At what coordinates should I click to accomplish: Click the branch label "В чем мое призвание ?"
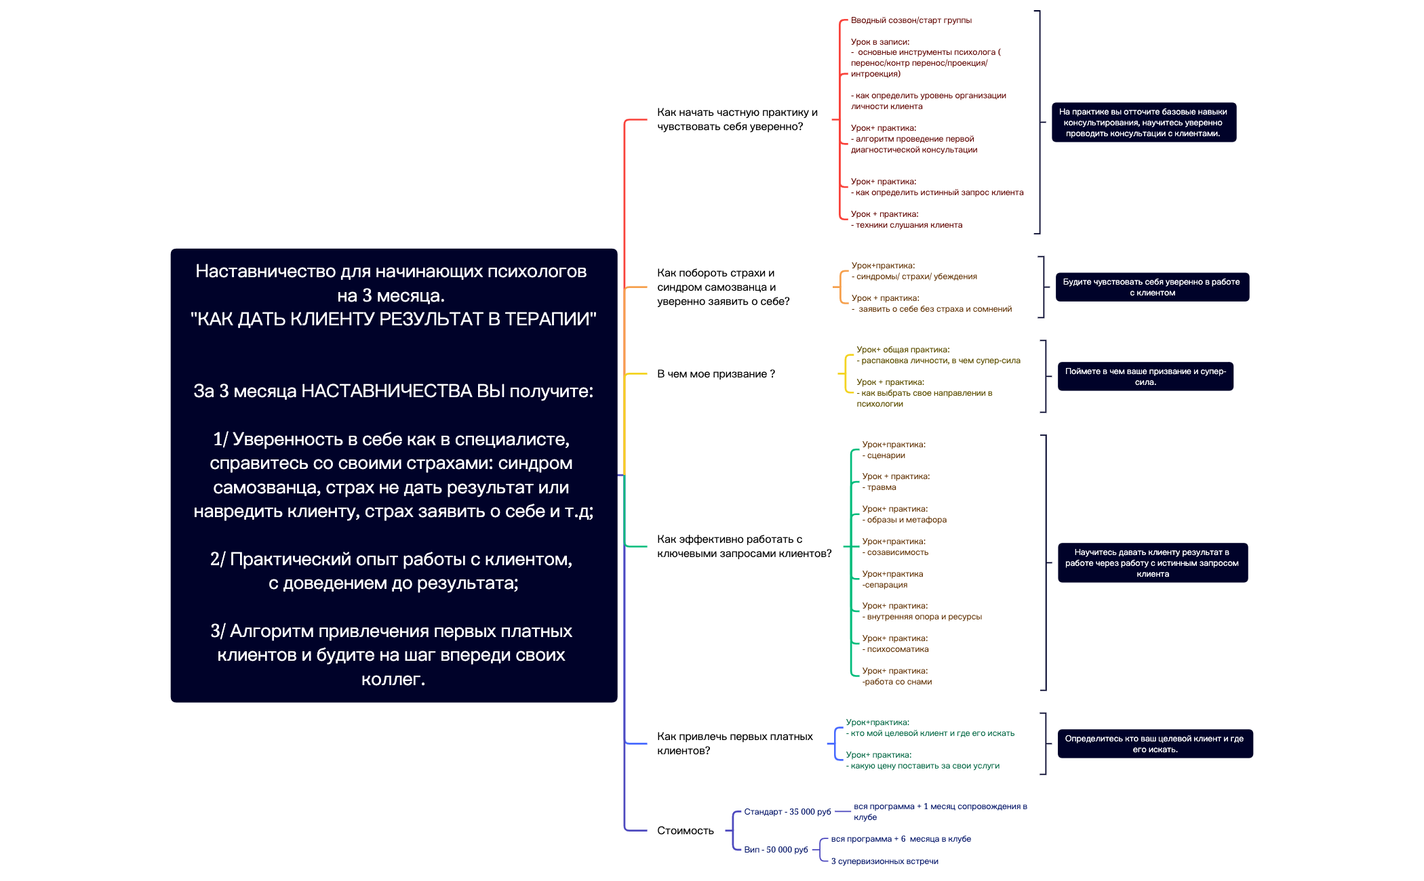(715, 374)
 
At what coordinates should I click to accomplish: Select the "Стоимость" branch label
(685, 831)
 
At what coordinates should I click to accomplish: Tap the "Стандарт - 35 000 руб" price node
(787, 812)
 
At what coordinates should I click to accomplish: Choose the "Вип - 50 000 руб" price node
(776, 850)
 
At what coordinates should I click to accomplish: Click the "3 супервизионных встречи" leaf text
(884, 861)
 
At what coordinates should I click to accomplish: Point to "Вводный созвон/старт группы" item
(911, 20)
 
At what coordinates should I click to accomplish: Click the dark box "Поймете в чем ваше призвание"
(1145, 377)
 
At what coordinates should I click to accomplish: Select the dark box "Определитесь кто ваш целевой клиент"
(1154, 744)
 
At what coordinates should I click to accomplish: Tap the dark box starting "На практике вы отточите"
(1143, 123)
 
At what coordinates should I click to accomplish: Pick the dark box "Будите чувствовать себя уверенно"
(1151, 287)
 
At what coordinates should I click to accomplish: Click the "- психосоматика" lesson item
(896, 649)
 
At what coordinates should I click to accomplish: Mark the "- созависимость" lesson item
(896, 552)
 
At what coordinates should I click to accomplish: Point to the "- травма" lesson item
(879, 487)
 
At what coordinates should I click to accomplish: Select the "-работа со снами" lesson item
(897, 682)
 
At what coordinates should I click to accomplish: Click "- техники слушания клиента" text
(907, 225)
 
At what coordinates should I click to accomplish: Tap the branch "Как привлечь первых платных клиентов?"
(734, 743)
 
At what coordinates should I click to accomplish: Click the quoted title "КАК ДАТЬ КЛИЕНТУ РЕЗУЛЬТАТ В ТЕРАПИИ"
(393, 319)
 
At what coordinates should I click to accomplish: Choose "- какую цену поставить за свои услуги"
(923, 766)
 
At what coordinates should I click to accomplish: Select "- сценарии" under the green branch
(884, 455)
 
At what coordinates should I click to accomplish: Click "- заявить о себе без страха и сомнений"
(932, 309)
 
